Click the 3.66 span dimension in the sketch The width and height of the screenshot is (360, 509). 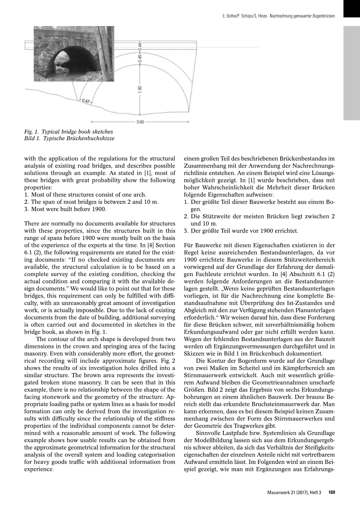click(x=140, y=122)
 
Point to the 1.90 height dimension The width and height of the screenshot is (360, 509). click(x=140, y=89)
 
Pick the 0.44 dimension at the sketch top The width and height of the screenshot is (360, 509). click(x=140, y=46)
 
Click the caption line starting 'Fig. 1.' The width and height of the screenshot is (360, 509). click(x=68, y=132)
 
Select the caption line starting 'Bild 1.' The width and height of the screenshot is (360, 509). click(x=69, y=138)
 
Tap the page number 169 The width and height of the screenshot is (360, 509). click(x=332, y=493)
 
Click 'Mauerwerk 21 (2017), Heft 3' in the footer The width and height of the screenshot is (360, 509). click(x=294, y=493)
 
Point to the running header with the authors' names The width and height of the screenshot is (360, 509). click(x=278, y=16)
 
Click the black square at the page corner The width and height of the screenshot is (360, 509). click(x=351, y=9)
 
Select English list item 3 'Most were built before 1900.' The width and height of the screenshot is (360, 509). click(x=65, y=209)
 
